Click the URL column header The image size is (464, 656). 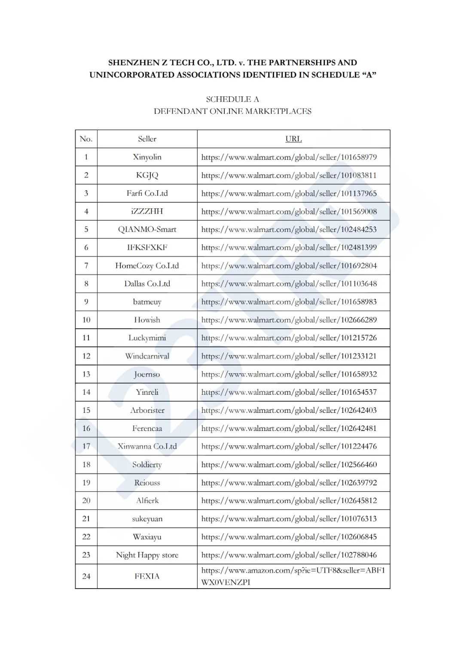293,139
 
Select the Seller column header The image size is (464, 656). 147,139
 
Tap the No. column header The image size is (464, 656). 86,139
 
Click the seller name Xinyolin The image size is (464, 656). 147,157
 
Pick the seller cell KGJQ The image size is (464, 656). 147,175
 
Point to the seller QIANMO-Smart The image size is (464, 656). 147,229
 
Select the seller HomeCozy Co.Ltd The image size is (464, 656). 147,265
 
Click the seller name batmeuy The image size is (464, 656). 147,302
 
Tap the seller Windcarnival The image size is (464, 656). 147,356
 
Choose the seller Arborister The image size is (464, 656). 147,410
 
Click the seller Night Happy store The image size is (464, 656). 147,555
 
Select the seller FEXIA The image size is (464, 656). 147,576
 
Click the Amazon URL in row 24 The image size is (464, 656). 293,576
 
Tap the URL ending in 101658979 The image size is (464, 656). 289,157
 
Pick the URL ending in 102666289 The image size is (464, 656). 289,320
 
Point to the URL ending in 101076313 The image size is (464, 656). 289,519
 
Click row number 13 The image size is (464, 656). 86,374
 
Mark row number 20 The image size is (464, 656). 86,500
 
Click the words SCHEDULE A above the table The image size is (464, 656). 232,99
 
